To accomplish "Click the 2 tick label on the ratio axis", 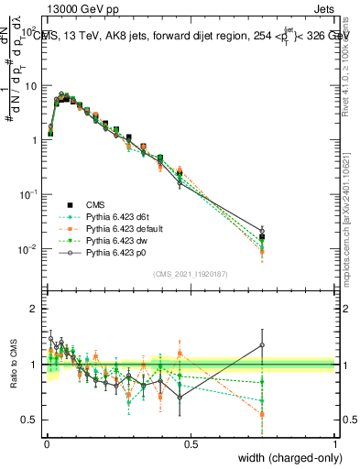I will click(35, 309).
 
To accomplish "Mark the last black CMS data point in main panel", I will click(262, 237).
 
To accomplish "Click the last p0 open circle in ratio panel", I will click(262, 345).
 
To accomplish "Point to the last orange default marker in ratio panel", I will click(262, 414).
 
